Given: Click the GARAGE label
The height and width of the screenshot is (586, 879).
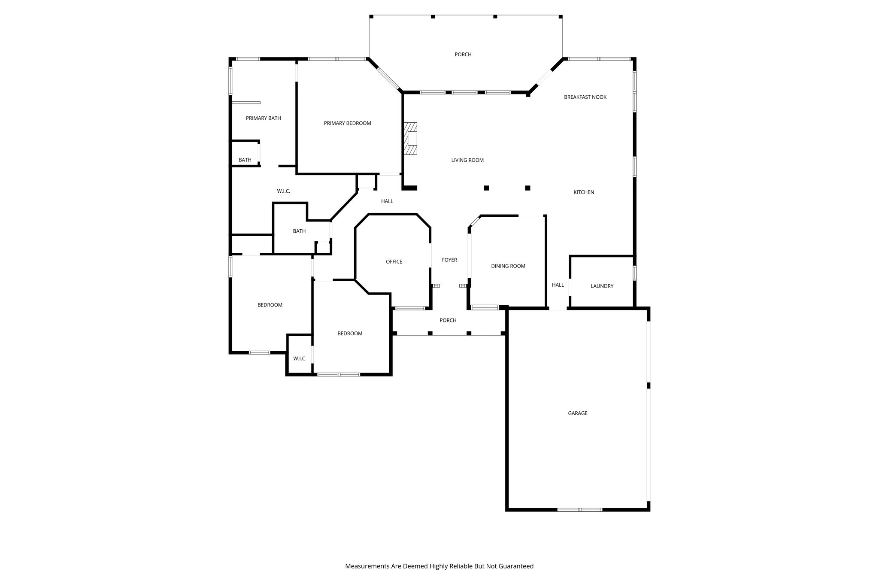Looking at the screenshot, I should click(x=577, y=413).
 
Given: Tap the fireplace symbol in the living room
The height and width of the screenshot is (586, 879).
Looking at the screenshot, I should click(x=410, y=139).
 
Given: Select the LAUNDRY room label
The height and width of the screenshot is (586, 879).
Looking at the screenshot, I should click(x=602, y=286).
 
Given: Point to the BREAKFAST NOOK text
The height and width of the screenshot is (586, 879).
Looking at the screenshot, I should click(x=585, y=97).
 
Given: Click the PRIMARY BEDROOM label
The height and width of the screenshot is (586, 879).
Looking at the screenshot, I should click(x=347, y=123).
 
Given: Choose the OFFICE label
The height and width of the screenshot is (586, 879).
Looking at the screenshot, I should click(x=394, y=261).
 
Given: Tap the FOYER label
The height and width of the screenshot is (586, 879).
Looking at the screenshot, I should click(x=449, y=260).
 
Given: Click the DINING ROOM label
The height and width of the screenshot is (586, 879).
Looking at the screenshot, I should click(x=508, y=266).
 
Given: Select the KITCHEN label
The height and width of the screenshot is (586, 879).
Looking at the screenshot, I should click(x=584, y=192).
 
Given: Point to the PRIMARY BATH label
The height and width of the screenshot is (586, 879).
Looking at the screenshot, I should click(x=263, y=118).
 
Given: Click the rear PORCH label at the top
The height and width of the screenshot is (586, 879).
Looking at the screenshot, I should click(x=463, y=55).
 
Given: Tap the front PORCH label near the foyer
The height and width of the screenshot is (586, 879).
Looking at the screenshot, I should click(x=448, y=320).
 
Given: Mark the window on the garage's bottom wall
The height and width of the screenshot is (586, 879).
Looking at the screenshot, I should click(x=579, y=510).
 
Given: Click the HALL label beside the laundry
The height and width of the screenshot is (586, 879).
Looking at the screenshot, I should click(x=558, y=285).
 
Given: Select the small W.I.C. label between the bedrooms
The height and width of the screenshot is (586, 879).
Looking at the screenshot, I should click(x=300, y=358).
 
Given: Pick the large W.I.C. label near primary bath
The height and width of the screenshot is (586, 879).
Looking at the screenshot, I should click(x=283, y=191).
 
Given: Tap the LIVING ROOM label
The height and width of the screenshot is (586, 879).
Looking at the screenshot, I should click(x=467, y=160).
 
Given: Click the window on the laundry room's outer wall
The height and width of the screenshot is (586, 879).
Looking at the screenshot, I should click(x=634, y=273).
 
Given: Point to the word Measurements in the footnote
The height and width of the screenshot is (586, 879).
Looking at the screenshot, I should click(x=367, y=566).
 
